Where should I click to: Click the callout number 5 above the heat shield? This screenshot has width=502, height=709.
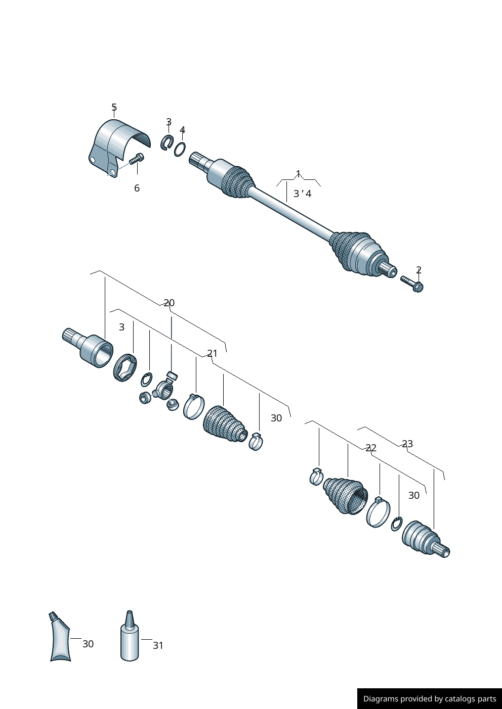click(114, 107)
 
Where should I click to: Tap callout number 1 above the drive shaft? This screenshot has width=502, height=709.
click(298, 173)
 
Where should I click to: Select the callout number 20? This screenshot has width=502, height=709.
click(169, 303)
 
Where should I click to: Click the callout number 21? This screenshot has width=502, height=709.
click(213, 353)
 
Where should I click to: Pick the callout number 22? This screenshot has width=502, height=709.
click(371, 448)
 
